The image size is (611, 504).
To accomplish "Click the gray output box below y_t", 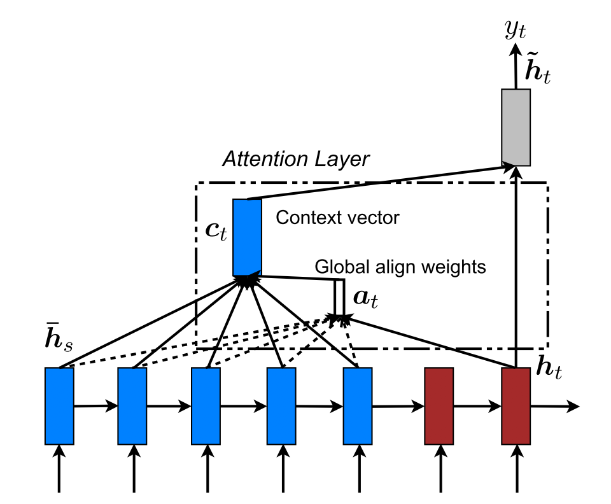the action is pyautogui.click(x=516, y=127).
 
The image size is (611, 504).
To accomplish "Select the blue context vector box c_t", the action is pyautogui.click(x=247, y=237).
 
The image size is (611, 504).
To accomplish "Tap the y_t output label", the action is pyautogui.click(x=515, y=30).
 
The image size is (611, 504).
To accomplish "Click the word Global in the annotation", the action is pyautogui.click(x=342, y=267).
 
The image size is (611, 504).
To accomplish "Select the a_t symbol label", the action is pyautogui.click(x=365, y=298).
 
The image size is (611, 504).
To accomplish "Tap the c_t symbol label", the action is pyautogui.click(x=216, y=232).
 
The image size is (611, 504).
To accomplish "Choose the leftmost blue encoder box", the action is pyautogui.click(x=59, y=406).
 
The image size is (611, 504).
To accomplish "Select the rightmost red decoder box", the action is pyautogui.click(x=516, y=406).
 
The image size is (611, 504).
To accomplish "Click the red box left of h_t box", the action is pyautogui.click(x=439, y=406).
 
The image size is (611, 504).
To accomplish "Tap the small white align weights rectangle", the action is pyautogui.click(x=339, y=297).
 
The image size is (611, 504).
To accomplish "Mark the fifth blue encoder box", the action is pyautogui.click(x=358, y=406).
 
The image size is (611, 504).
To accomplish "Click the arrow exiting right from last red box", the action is pyautogui.click(x=555, y=406).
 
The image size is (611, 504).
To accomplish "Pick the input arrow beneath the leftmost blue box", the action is pyautogui.click(x=59, y=468).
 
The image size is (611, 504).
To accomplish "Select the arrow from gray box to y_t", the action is pyautogui.click(x=516, y=66).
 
